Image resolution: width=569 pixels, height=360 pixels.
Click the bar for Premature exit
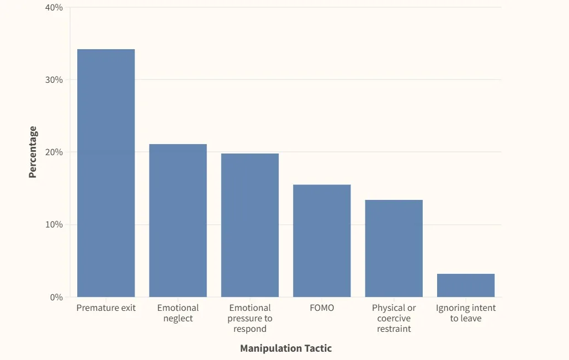click(x=106, y=173)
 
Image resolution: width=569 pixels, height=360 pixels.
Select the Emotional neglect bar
click(x=178, y=220)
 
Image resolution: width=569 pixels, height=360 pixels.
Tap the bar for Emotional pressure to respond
click(x=250, y=225)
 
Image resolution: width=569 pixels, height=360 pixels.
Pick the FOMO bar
click(x=322, y=241)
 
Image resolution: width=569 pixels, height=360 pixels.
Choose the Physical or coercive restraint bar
click(x=394, y=248)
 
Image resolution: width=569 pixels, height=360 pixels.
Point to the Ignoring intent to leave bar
click(x=466, y=285)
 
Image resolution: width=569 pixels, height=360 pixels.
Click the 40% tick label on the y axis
click(x=54, y=8)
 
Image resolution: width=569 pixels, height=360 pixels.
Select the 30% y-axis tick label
click(x=54, y=80)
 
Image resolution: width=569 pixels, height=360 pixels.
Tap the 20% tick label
click(x=54, y=152)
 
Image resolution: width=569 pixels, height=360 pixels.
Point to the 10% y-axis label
click(x=54, y=225)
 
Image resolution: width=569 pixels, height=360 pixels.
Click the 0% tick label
click(x=56, y=297)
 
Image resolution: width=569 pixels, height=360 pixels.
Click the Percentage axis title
click(x=33, y=152)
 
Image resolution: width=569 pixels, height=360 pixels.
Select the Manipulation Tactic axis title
click(x=286, y=348)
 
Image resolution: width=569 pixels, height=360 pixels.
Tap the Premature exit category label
click(x=106, y=308)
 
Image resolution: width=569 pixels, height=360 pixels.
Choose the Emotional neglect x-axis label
click(x=178, y=313)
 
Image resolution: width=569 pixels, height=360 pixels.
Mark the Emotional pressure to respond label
click(x=250, y=318)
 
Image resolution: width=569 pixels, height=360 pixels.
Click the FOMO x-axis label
click(x=322, y=308)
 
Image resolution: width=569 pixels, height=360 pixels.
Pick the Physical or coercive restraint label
click(x=394, y=318)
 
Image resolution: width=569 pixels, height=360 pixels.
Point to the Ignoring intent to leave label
click(x=466, y=313)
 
